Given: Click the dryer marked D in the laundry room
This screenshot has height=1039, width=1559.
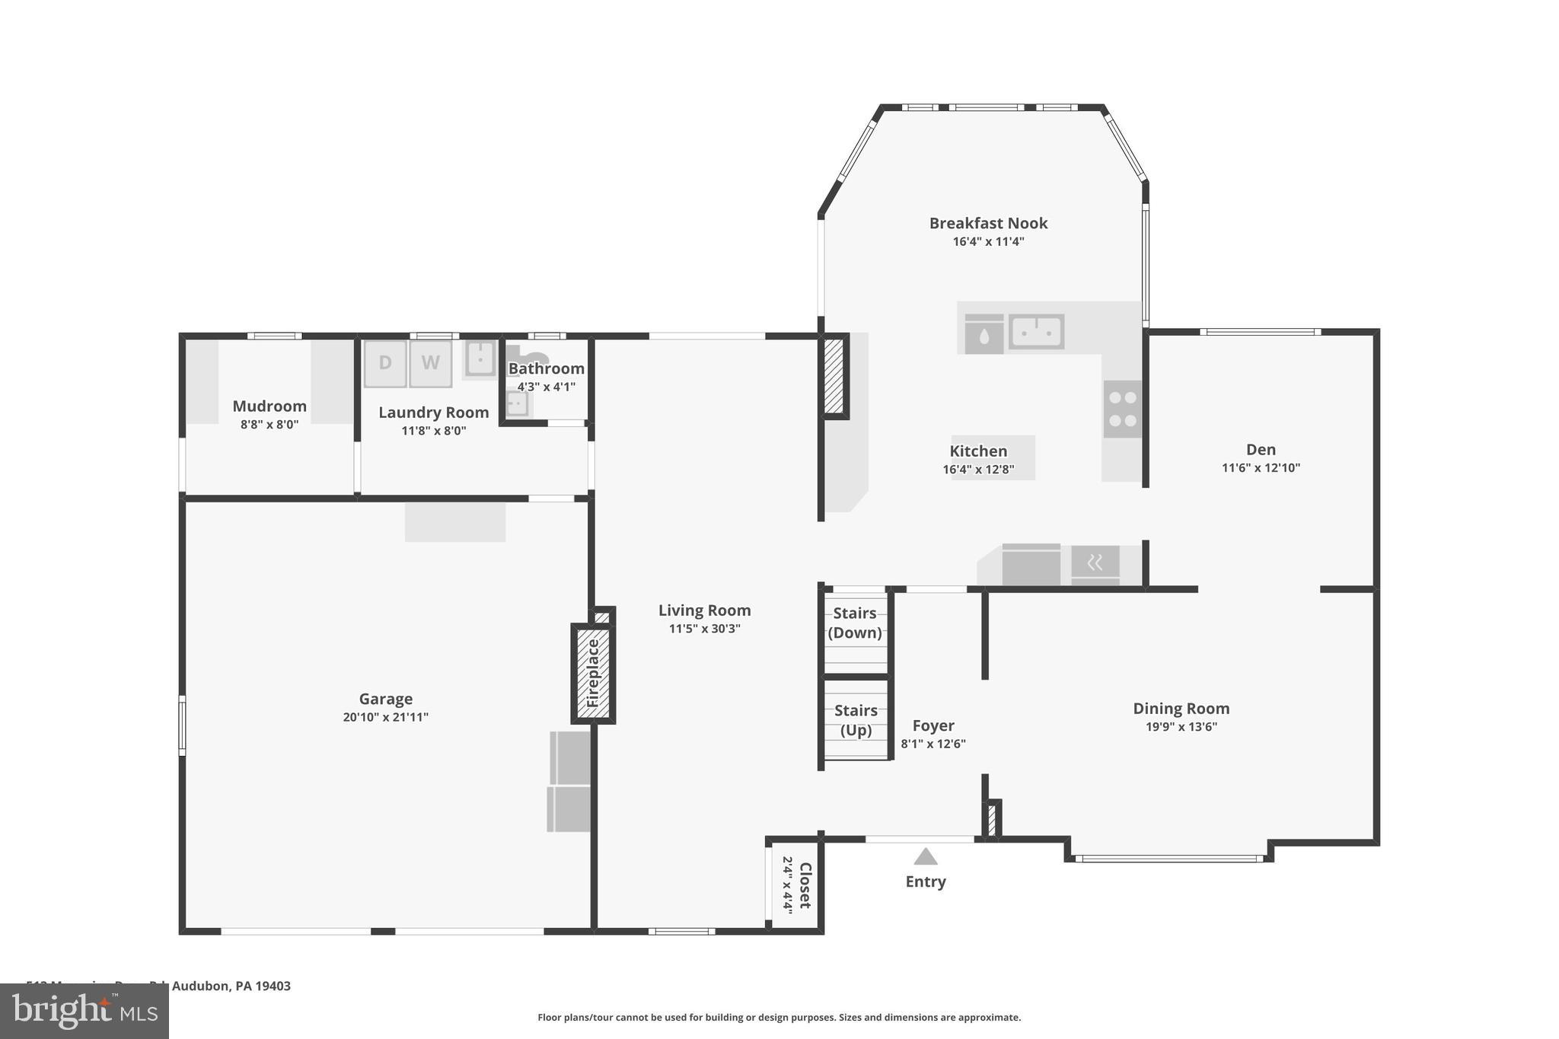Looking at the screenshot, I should pos(385,364).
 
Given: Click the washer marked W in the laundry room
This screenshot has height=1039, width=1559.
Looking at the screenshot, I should pos(431,364).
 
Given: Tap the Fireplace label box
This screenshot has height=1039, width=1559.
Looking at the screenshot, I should pos(593,673).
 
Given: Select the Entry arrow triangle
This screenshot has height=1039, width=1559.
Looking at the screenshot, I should pos(925,857).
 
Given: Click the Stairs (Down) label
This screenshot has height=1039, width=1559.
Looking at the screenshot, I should pos(855,623).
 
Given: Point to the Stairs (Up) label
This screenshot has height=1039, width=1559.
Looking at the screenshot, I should pos(856,720).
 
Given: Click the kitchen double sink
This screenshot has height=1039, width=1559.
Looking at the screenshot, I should pos(1036,332).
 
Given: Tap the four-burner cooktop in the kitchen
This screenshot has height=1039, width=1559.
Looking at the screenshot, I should pos(1123,409).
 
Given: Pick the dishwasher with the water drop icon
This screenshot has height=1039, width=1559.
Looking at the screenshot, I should pos(984,334).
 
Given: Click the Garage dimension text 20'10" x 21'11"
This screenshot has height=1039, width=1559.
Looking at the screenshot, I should pos(386,717).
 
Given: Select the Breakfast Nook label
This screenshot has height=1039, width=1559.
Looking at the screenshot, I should pos(988,223).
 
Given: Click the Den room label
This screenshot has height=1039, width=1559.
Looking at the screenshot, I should pos(1261,450).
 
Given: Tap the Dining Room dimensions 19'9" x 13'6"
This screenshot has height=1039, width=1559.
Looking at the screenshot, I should pos(1181,727).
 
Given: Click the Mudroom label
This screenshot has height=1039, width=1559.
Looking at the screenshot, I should pos(269,406).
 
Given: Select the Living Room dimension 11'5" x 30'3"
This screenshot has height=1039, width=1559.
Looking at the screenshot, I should pos(705,629).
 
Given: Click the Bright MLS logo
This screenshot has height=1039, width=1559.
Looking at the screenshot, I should pos(84,1011).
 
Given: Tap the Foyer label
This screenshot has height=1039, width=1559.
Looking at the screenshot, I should pos(933,725).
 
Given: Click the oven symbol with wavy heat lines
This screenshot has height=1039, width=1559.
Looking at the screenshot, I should pos(1095,563).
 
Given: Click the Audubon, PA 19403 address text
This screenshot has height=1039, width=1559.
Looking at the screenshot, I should pos(231,986).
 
